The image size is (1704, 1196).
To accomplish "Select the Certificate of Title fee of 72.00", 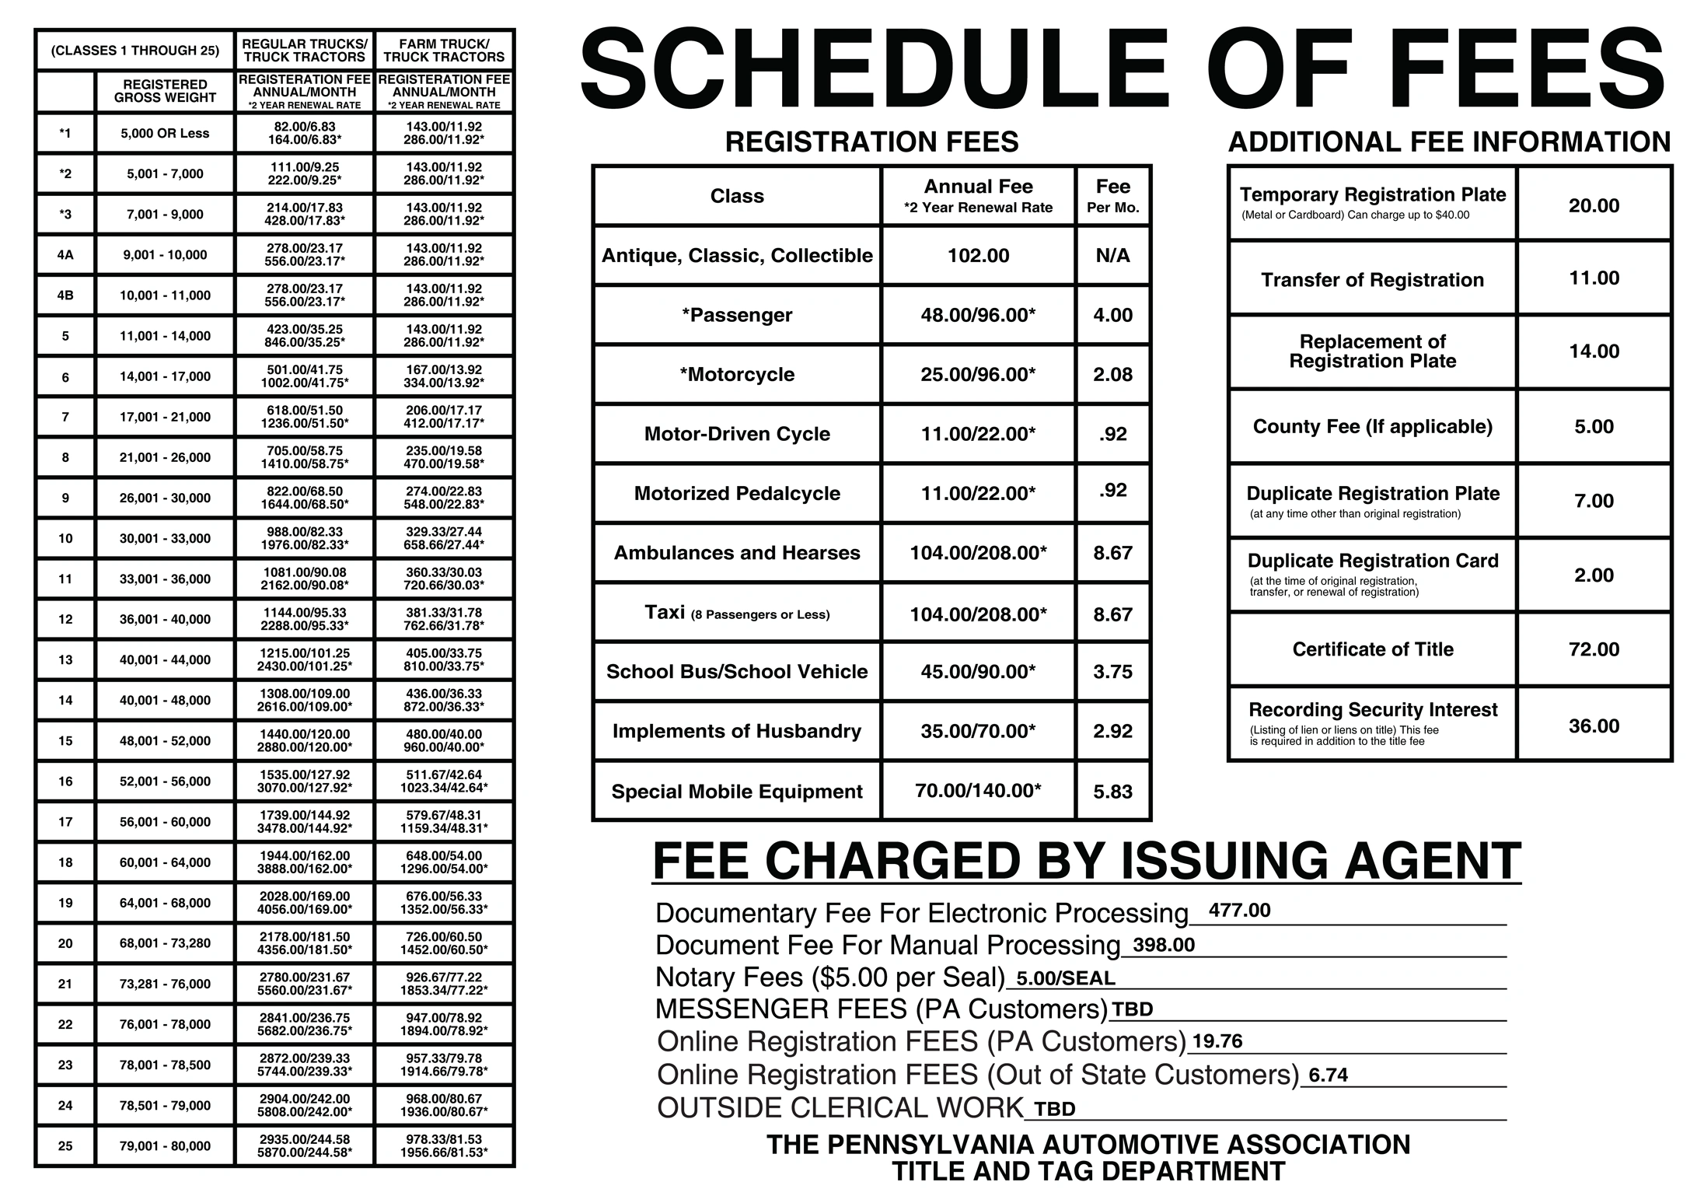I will tap(1594, 649).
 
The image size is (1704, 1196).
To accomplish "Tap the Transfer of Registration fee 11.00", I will tap(1594, 278).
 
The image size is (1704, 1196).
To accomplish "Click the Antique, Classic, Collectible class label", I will tap(737, 256).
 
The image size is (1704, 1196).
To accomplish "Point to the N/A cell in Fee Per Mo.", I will tap(1112, 256).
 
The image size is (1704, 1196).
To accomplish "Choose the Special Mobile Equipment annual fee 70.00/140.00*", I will tap(978, 791).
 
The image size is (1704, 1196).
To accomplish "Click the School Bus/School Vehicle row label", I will tap(737, 672).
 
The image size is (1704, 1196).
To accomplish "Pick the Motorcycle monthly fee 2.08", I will tap(1112, 375).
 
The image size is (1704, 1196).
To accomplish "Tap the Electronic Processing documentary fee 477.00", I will tap(1239, 911).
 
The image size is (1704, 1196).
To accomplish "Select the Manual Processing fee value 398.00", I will tap(1164, 945).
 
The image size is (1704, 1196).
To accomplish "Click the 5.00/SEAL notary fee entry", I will tap(1065, 978).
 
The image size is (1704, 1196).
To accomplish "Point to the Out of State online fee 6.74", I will tap(1328, 1075).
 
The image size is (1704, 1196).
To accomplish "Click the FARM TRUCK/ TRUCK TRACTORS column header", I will tap(444, 51).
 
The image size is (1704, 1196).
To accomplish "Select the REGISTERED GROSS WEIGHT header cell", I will tap(165, 91).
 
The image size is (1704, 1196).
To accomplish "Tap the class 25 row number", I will tap(65, 1145).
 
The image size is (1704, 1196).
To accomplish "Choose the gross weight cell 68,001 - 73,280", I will tap(165, 943).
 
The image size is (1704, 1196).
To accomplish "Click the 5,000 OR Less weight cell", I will tap(165, 134).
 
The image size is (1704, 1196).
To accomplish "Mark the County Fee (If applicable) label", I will tap(1372, 427).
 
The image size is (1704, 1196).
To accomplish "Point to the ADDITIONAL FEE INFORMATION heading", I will tap(1449, 142).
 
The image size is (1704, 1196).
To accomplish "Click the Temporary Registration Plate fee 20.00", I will tap(1594, 205).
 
